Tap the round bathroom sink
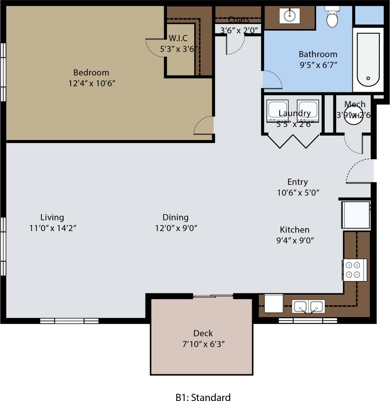tap(289, 15)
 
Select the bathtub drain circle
tap(368, 78)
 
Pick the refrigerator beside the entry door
tap(355, 214)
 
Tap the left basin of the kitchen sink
tap(299, 306)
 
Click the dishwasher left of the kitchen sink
tap(274, 303)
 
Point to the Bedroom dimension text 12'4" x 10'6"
tap(92, 83)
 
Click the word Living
tap(52, 218)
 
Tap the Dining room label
tap(175, 218)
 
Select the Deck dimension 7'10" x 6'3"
tap(203, 344)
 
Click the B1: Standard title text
tap(203, 397)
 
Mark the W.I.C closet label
tap(178, 38)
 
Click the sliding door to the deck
tap(213, 296)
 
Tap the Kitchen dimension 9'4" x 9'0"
tap(295, 241)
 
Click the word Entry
tap(297, 182)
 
